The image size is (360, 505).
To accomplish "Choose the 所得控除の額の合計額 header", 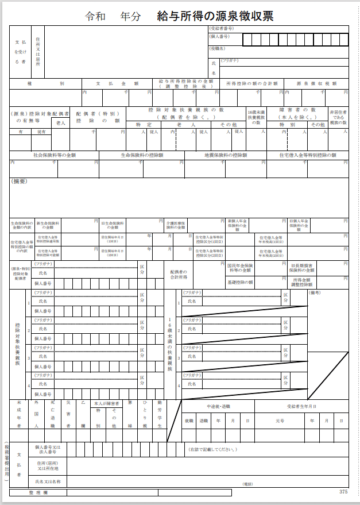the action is click(x=251, y=84).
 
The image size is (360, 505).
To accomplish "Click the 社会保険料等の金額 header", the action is click(x=55, y=155).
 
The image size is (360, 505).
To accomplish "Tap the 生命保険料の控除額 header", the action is click(x=141, y=155).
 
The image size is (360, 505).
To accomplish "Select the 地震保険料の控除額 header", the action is click(x=225, y=155).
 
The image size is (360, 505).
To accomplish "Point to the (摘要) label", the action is click(x=20, y=182).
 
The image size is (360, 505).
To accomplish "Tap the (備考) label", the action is click(x=316, y=292).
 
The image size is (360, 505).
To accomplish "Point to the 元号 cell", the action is click(x=280, y=421).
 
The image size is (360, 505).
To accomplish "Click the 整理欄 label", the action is click(x=38, y=492).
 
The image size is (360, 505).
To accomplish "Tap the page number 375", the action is click(x=343, y=492).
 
